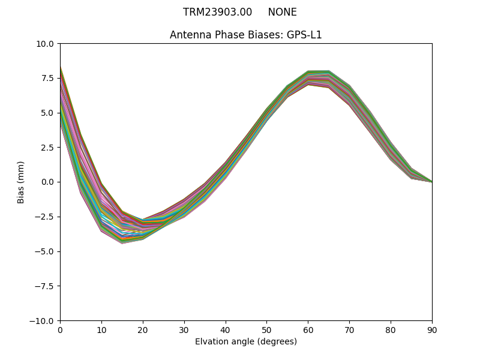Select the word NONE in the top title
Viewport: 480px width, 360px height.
[282, 12]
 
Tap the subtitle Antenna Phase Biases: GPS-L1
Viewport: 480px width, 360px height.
[246, 35]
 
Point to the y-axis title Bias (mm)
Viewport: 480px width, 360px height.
[21, 182]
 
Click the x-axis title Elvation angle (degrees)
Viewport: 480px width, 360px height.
[246, 342]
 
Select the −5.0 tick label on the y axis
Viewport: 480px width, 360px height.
[46, 251]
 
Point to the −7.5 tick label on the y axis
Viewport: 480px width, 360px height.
[46, 286]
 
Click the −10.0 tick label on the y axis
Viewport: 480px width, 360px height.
[44, 321]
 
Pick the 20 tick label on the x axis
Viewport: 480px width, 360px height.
[143, 329]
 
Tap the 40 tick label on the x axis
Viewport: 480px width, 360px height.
[226, 329]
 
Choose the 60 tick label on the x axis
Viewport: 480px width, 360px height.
[308, 329]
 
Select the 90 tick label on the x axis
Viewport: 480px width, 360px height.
[432, 329]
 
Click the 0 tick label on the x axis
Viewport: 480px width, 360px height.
[60, 329]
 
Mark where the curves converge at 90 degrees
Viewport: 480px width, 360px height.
[431, 181]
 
